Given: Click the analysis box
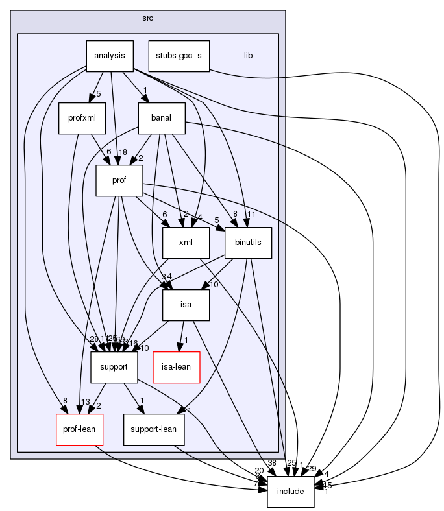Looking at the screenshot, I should [x=110, y=56].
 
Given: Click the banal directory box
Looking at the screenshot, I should [x=162, y=119].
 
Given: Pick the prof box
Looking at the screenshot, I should [x=119, y=180].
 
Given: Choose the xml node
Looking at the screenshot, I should [x=186, y=243].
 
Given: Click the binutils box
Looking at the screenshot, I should [x=248, y=243].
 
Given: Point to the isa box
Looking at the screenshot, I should [x=186, y=305].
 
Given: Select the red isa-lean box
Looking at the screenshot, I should [x=176, y=367].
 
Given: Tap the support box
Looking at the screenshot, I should [x=114, y=367].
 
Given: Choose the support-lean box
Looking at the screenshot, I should [x=153, y=430].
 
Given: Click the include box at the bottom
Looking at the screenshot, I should [x=291, y=492].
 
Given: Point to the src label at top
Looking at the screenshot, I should [x=147, y=17].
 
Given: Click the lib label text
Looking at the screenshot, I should [x=248, y=56].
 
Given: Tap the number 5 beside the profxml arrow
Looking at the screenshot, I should [x=98, y=95].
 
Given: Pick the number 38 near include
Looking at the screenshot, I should [x=271, y=463].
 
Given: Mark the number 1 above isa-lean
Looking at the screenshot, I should [x=186, y=340].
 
